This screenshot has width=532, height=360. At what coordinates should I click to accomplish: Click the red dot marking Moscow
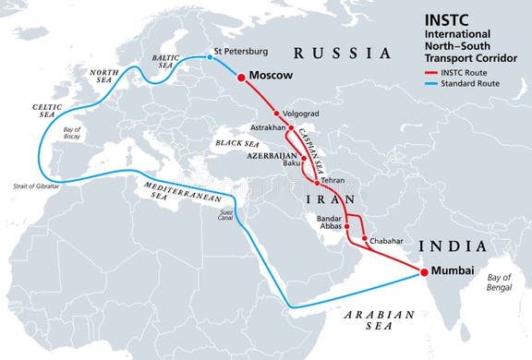242,78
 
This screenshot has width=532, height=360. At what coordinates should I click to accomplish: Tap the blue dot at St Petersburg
209,57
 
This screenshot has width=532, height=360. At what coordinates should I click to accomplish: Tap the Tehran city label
333,181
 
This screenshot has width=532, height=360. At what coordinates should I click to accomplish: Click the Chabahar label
388,240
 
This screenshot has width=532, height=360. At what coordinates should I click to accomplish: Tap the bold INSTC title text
445,18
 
